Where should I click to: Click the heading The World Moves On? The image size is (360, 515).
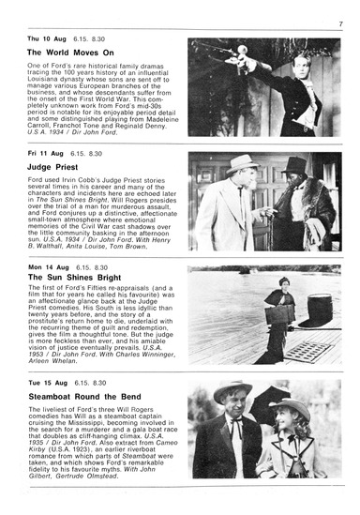click(x=70, y=53)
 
